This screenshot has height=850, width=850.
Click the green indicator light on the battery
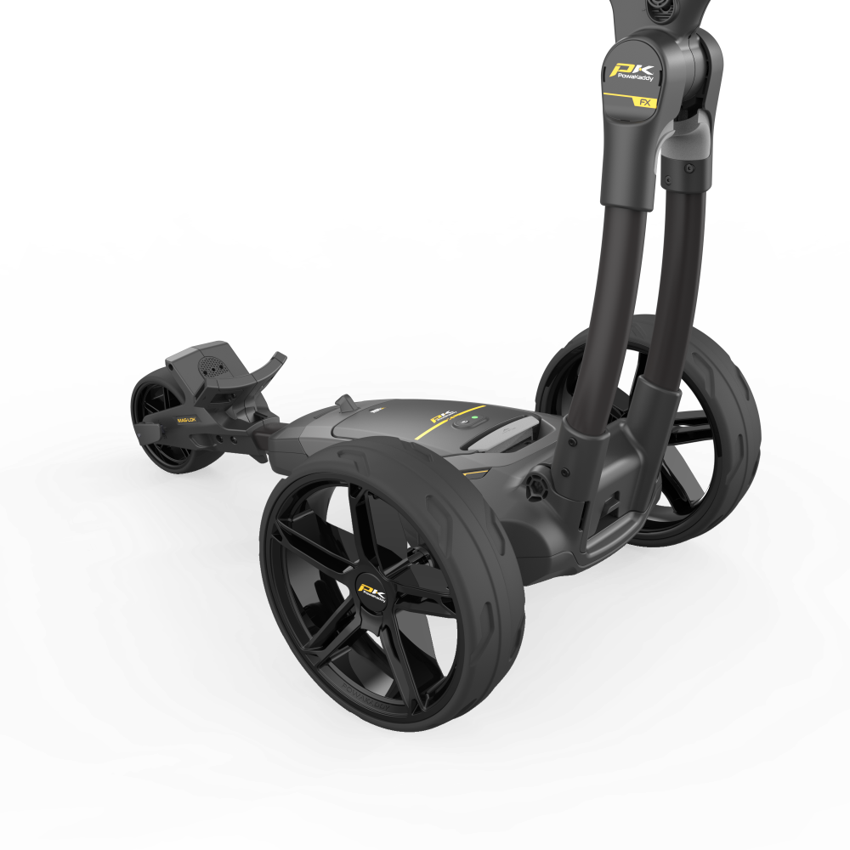click(x=464, y=420)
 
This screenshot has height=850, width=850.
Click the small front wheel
click(x=161, y=425)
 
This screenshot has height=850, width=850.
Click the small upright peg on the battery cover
click(x=345, y=402)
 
